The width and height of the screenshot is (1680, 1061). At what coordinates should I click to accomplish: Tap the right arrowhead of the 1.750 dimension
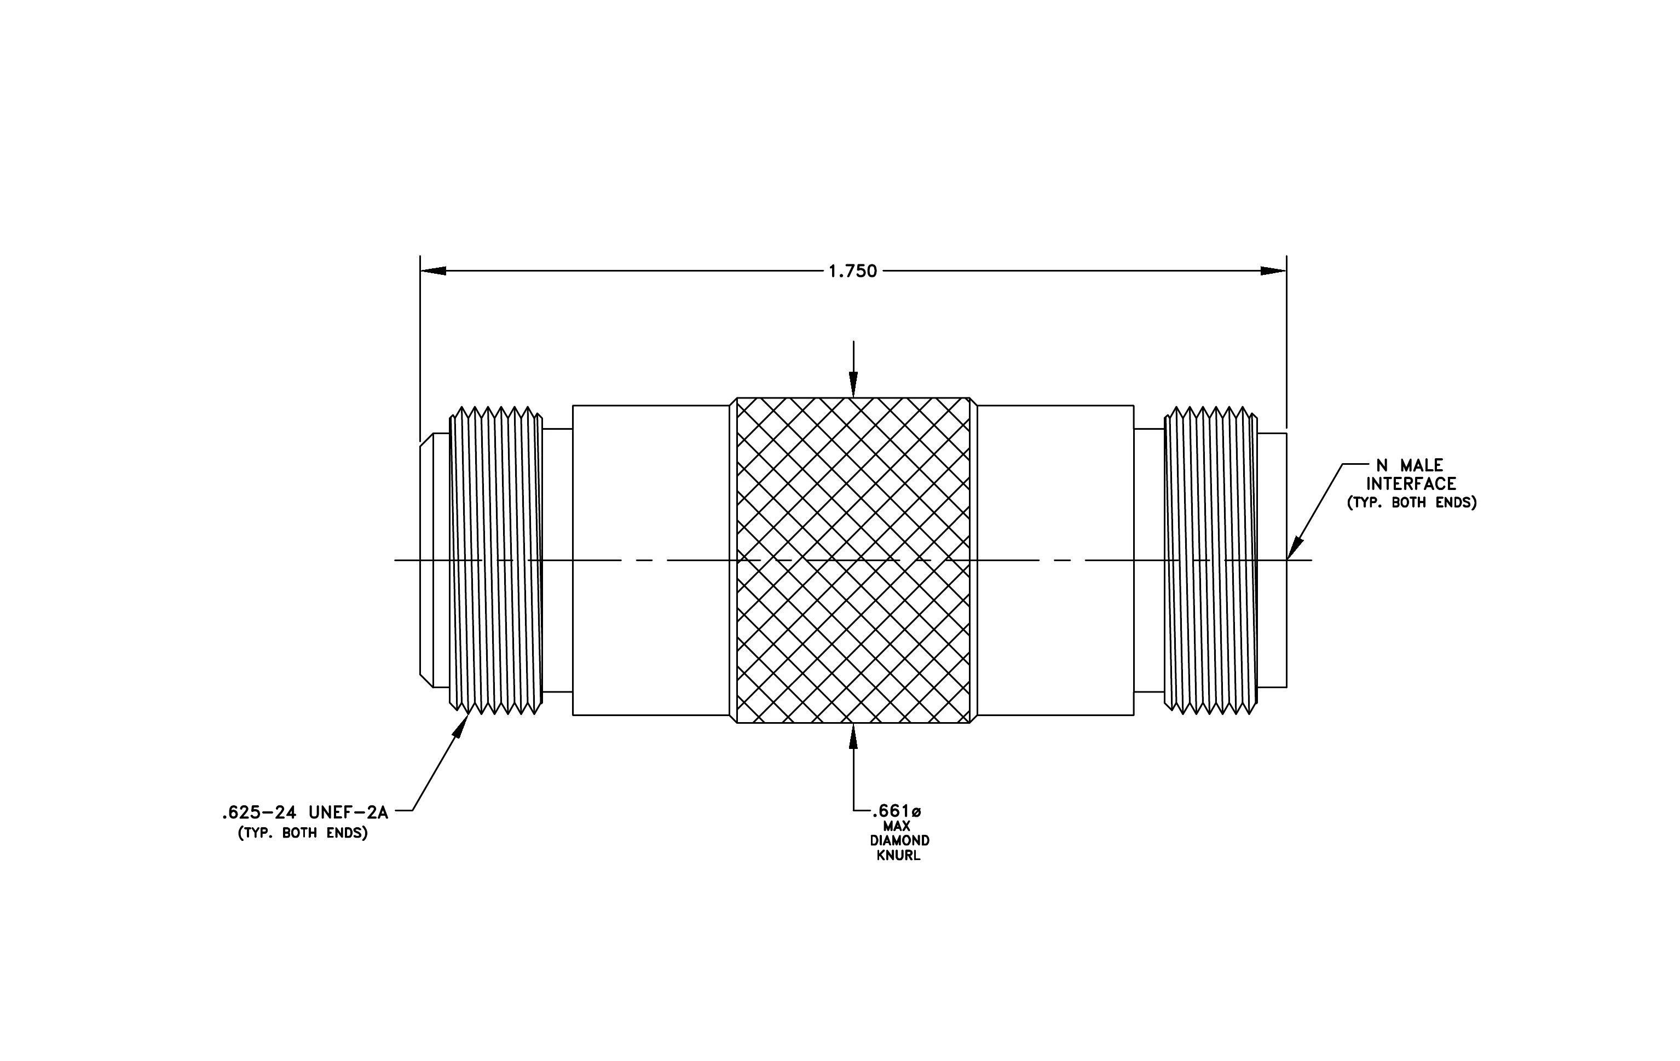1273,270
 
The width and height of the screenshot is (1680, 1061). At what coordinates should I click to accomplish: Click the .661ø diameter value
897,811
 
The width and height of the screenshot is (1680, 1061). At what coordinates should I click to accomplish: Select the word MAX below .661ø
897,827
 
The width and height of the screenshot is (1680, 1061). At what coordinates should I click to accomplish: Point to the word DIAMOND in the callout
899,841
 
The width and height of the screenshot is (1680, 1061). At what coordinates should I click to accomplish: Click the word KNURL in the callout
899,856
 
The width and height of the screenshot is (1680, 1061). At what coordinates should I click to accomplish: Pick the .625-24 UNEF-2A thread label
305,812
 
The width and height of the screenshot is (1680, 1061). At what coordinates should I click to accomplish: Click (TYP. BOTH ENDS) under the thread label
303,833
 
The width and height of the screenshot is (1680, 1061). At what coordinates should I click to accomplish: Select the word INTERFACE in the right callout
1411,484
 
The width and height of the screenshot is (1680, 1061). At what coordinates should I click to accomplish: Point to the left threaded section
496,560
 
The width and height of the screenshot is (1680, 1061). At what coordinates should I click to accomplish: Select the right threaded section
1210,560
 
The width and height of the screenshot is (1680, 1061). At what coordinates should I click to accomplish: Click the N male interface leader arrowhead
1294,547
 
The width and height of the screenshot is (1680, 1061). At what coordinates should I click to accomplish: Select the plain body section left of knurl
651,560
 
